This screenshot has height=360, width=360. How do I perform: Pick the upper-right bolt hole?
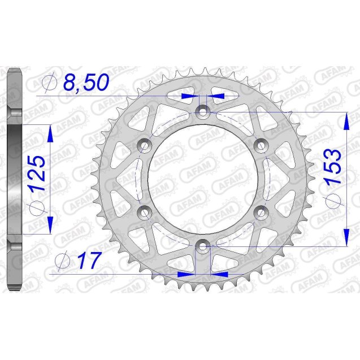(261, 146)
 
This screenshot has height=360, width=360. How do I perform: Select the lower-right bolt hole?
(261, 212)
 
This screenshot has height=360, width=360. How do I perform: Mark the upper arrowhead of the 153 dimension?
(345, 118)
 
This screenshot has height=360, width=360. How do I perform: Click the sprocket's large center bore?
(203, 179)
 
